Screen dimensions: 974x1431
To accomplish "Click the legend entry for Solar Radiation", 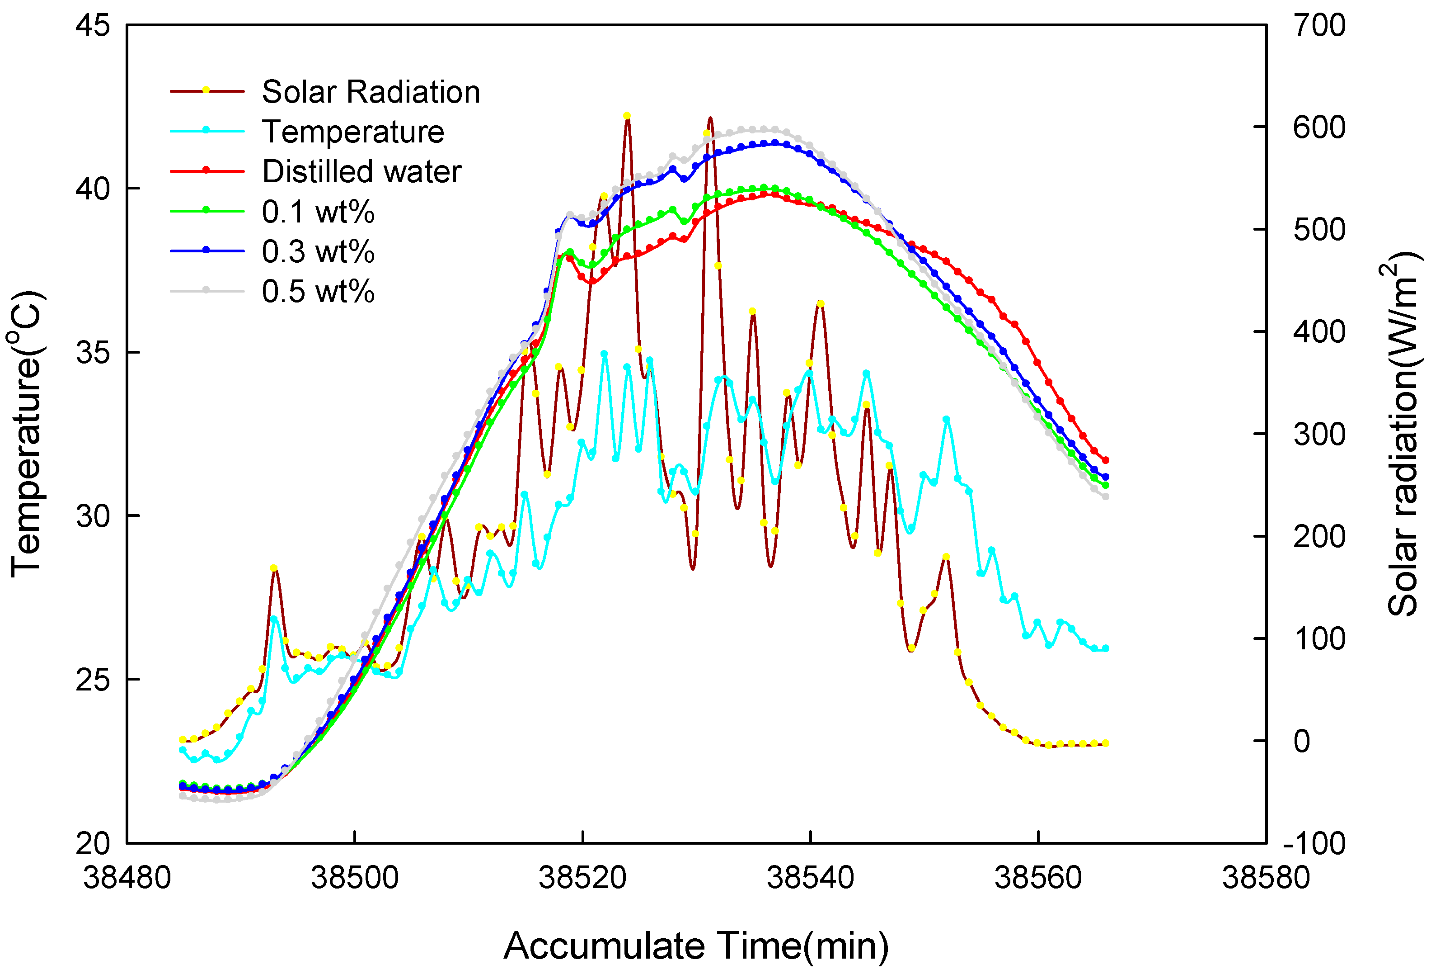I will (x=370, y=92).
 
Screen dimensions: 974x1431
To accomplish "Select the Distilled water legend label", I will (x=361, y=172).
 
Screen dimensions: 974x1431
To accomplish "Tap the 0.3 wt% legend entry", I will (x=318, y=252).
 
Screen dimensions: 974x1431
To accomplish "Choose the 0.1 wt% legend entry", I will (x=318, y=213).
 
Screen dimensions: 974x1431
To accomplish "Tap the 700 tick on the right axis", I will (x=1318, y=26).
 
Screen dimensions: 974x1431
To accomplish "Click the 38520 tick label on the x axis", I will (x=582, y=877).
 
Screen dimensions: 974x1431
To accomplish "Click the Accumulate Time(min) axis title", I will (x=696, y=946).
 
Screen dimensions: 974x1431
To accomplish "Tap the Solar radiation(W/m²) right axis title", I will (x=1403, y=435).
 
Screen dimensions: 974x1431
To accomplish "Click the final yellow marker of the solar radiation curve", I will (x=1105, y=743).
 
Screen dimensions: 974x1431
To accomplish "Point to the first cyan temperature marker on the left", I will (x=182, y=750).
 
